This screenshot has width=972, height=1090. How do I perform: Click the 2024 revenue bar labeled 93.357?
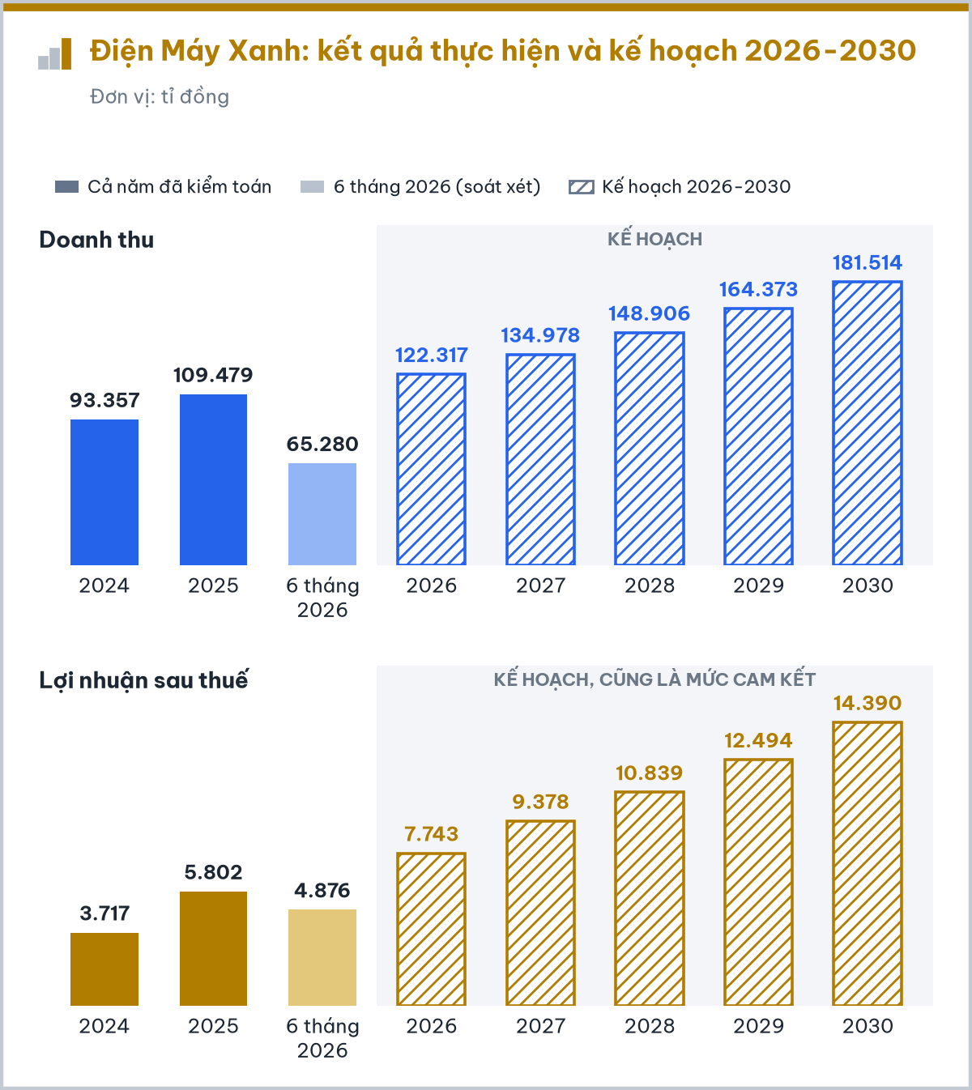click(x=104, y=492)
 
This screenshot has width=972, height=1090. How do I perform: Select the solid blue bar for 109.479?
click(x=213, y=479)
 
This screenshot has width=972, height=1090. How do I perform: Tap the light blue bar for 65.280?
click(x=322, y=513)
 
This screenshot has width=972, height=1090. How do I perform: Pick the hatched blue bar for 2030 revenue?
click(x=867, y=423)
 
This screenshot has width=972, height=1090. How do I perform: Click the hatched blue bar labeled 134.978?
click(x=540, y=459)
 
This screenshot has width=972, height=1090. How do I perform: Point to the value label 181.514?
click(x=867, y=262)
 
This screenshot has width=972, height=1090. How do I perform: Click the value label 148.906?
click(x=649, y=313)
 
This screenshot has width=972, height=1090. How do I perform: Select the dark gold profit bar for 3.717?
click(x=104, y=969)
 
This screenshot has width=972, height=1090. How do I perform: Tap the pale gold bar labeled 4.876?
click(x=322, y=957)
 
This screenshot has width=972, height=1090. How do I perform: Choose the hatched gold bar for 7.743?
click(x=431, y=929)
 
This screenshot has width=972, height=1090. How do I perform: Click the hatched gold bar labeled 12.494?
click(x=758, y=883)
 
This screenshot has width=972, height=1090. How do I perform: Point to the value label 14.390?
click(x=867, y=703)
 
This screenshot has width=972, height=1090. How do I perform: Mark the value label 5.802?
click(x=213, y=872)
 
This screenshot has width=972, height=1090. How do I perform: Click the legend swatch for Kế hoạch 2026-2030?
click(x=582, y=187)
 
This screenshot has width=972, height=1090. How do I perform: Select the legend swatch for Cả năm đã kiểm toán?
click(x=66, y=187)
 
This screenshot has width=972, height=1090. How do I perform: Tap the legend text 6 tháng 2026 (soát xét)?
click(x=437, y=187)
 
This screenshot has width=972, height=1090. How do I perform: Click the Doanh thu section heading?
click(x=96, y=240)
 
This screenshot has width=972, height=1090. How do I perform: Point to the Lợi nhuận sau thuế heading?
click(x=143, y=680)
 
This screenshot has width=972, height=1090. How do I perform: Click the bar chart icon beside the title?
click(x=54, y=53)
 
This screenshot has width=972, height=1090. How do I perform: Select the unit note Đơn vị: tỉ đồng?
click(x=160, y=97)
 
